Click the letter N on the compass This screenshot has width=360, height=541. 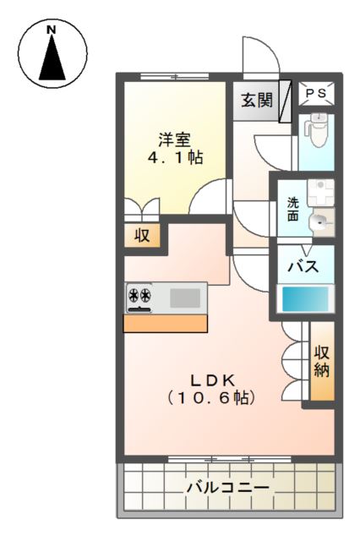(x=51, y=30)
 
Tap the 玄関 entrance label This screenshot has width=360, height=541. (x=256, y=101)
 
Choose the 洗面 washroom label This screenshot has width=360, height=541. (x=292, y=209)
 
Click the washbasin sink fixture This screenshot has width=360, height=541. (x=320, y=222)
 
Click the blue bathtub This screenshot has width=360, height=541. (x=304, y=299)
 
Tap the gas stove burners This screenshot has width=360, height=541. (x=139, y=297)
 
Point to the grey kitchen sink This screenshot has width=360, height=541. (x=186, y=298)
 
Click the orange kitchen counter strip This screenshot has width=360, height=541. (x=166, y=323)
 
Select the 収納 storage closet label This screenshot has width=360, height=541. (x=322, y=361)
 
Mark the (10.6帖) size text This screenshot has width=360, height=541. (x=210, y=396)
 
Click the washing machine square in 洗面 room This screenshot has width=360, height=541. (x=320, y=190)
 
